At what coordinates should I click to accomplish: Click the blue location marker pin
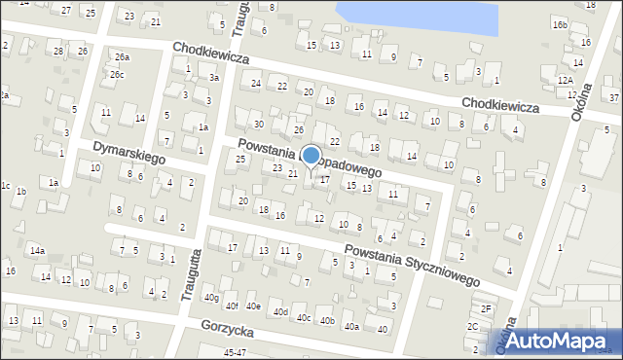coord(311,156)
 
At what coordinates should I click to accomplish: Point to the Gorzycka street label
coord(228,332)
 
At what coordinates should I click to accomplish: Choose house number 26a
coord(122,57)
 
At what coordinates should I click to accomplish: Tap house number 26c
coord(117,75)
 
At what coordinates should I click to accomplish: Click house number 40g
coord(211,299)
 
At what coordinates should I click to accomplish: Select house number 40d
coord(280,312)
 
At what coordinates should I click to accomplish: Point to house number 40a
coord(350,327)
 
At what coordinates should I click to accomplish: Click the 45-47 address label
coord(235,352)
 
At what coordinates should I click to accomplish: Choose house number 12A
coord(565,81)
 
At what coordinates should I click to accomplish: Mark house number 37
coord(613,98)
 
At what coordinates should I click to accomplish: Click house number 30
coord(258,124)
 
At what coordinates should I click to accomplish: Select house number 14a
coord(37,251)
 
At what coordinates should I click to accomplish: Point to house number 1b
coord(20,192)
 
